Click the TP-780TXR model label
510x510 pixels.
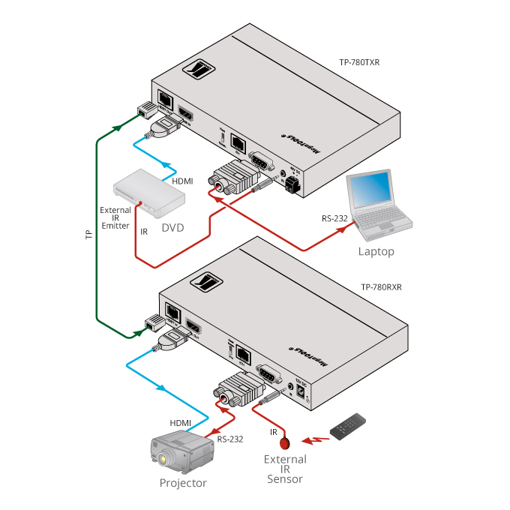pyautogui.click(x=359, y=63)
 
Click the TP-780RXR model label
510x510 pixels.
pyautogui.click(x=381, y=286)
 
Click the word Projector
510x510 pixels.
pyautogui.click(x=182, y=483)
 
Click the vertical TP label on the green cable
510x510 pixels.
pyautogui.click(x=88, y=234)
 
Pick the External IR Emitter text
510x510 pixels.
pyautogui.click(x=115, y=217)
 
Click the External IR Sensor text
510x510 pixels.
pyautogui.click(x=284, y=469)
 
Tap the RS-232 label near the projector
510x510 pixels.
pyautogui.click(x=229, y=439)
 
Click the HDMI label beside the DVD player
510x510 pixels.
pyautogui.click(x=182, y=182)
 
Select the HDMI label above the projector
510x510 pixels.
pyautogui.click(x=180, y=423)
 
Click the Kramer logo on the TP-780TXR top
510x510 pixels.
pyautogui.click(x=199, y=71)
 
